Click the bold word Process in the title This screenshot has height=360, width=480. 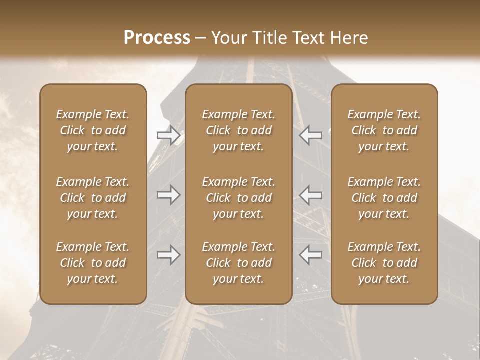[x=157, y=38]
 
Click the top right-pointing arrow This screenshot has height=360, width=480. [x=168, y=135]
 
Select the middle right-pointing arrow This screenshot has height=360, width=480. [x=168, y=194]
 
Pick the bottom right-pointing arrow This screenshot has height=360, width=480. [x=168, y=255]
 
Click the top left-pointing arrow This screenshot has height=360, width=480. [x=310, y=135]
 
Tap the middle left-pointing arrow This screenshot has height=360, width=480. [x=310, y=194]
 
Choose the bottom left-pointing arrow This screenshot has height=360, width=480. [x=310, y=255]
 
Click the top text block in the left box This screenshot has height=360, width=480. [x=93, y=130]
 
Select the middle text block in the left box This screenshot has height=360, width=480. [x=93, y=198]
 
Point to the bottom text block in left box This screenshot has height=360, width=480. [x=93, y=263]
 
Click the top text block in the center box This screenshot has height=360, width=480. [x=238, y=130]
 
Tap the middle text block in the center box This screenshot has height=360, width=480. [x=238, y=198]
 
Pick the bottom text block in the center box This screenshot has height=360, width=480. [x=238, y=263]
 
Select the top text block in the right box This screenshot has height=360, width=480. [x=384, y=130]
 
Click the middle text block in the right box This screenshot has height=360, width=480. [x=384, y=198]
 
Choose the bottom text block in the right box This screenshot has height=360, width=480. [x=384, y=263]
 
